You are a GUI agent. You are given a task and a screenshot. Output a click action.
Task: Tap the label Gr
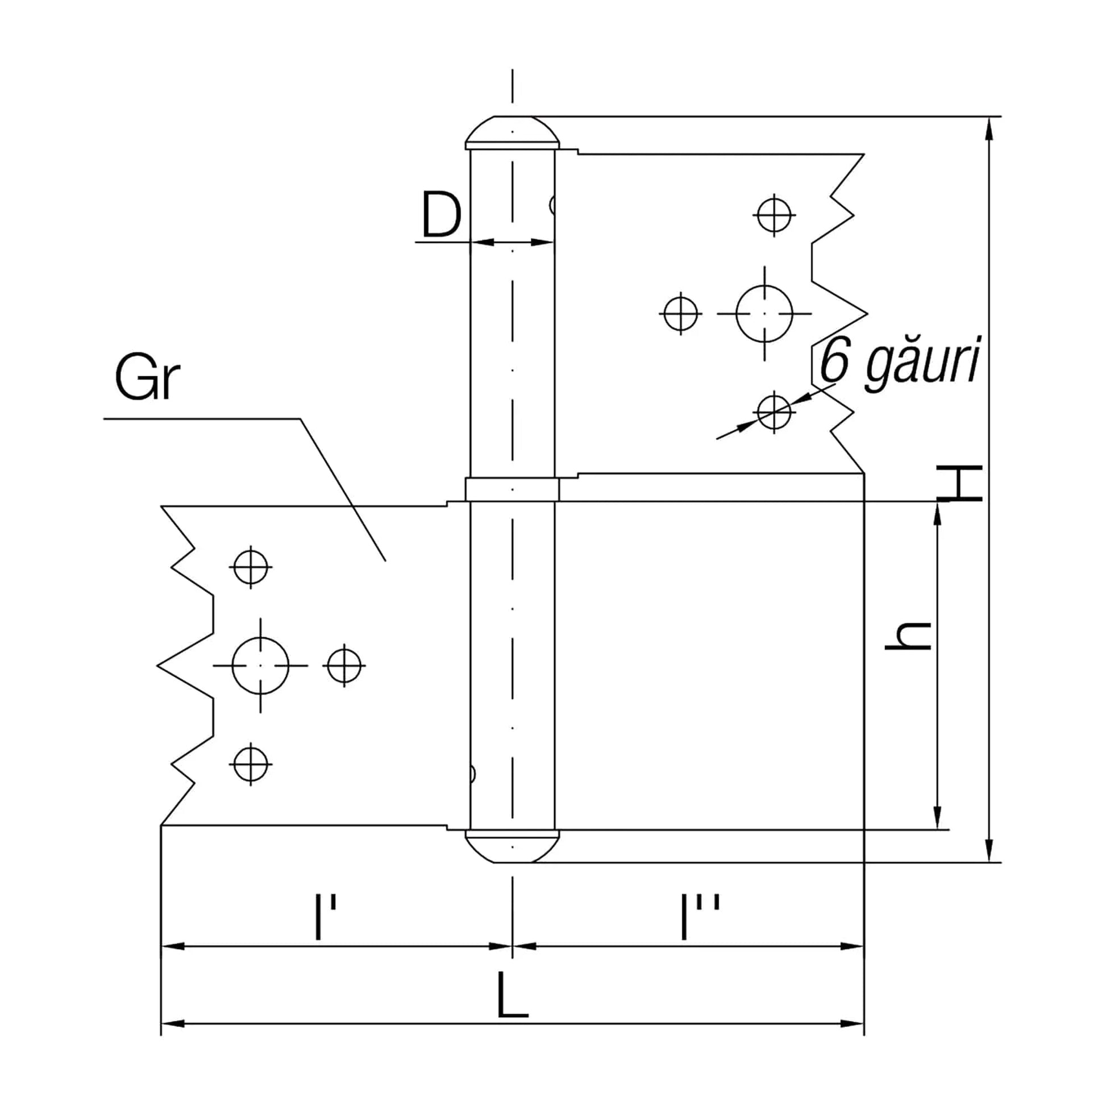click(x=147, y=379)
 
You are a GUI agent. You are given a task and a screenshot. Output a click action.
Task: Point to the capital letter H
click(x=959, y=484)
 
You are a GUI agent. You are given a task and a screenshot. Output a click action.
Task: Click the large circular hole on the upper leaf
click(x=764, y=314)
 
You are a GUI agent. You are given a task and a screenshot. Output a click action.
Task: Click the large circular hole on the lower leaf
click(x=260, y=665)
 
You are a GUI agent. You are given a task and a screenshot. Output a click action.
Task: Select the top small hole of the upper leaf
click(x=774, y=215)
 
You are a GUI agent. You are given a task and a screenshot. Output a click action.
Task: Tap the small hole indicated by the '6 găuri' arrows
click(x=774, y=412)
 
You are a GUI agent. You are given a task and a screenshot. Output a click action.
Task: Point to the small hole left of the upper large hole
click(x=681, y=314)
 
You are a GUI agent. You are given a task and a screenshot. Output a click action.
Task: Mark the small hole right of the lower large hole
click(x=344, y=665)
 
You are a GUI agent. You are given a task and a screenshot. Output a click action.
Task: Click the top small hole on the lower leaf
click(x=251, y=567)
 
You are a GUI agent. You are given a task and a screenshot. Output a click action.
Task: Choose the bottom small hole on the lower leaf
click(x=251, y=764)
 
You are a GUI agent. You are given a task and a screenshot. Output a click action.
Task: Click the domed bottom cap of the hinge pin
click(x=512, y=846)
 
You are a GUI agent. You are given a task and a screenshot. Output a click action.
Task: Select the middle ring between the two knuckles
click(x=512, y=490)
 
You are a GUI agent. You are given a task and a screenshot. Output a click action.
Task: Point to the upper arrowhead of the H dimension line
click(x=989, y=129)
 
